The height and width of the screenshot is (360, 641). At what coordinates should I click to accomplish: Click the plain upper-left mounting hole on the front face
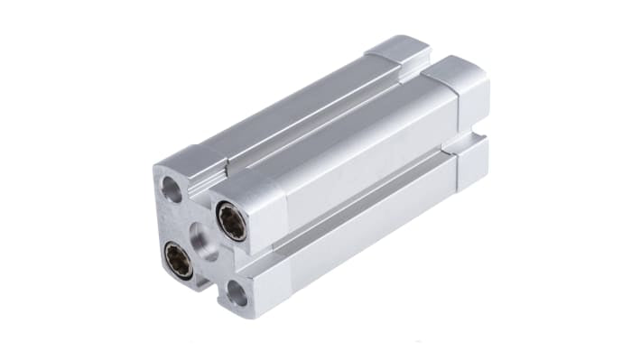(172, 189)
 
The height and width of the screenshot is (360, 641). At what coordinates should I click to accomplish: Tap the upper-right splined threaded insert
(232, 222)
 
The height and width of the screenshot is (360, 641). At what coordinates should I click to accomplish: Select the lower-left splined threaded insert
(178, 261)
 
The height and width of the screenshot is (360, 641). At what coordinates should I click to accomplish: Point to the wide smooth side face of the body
(361, 153)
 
